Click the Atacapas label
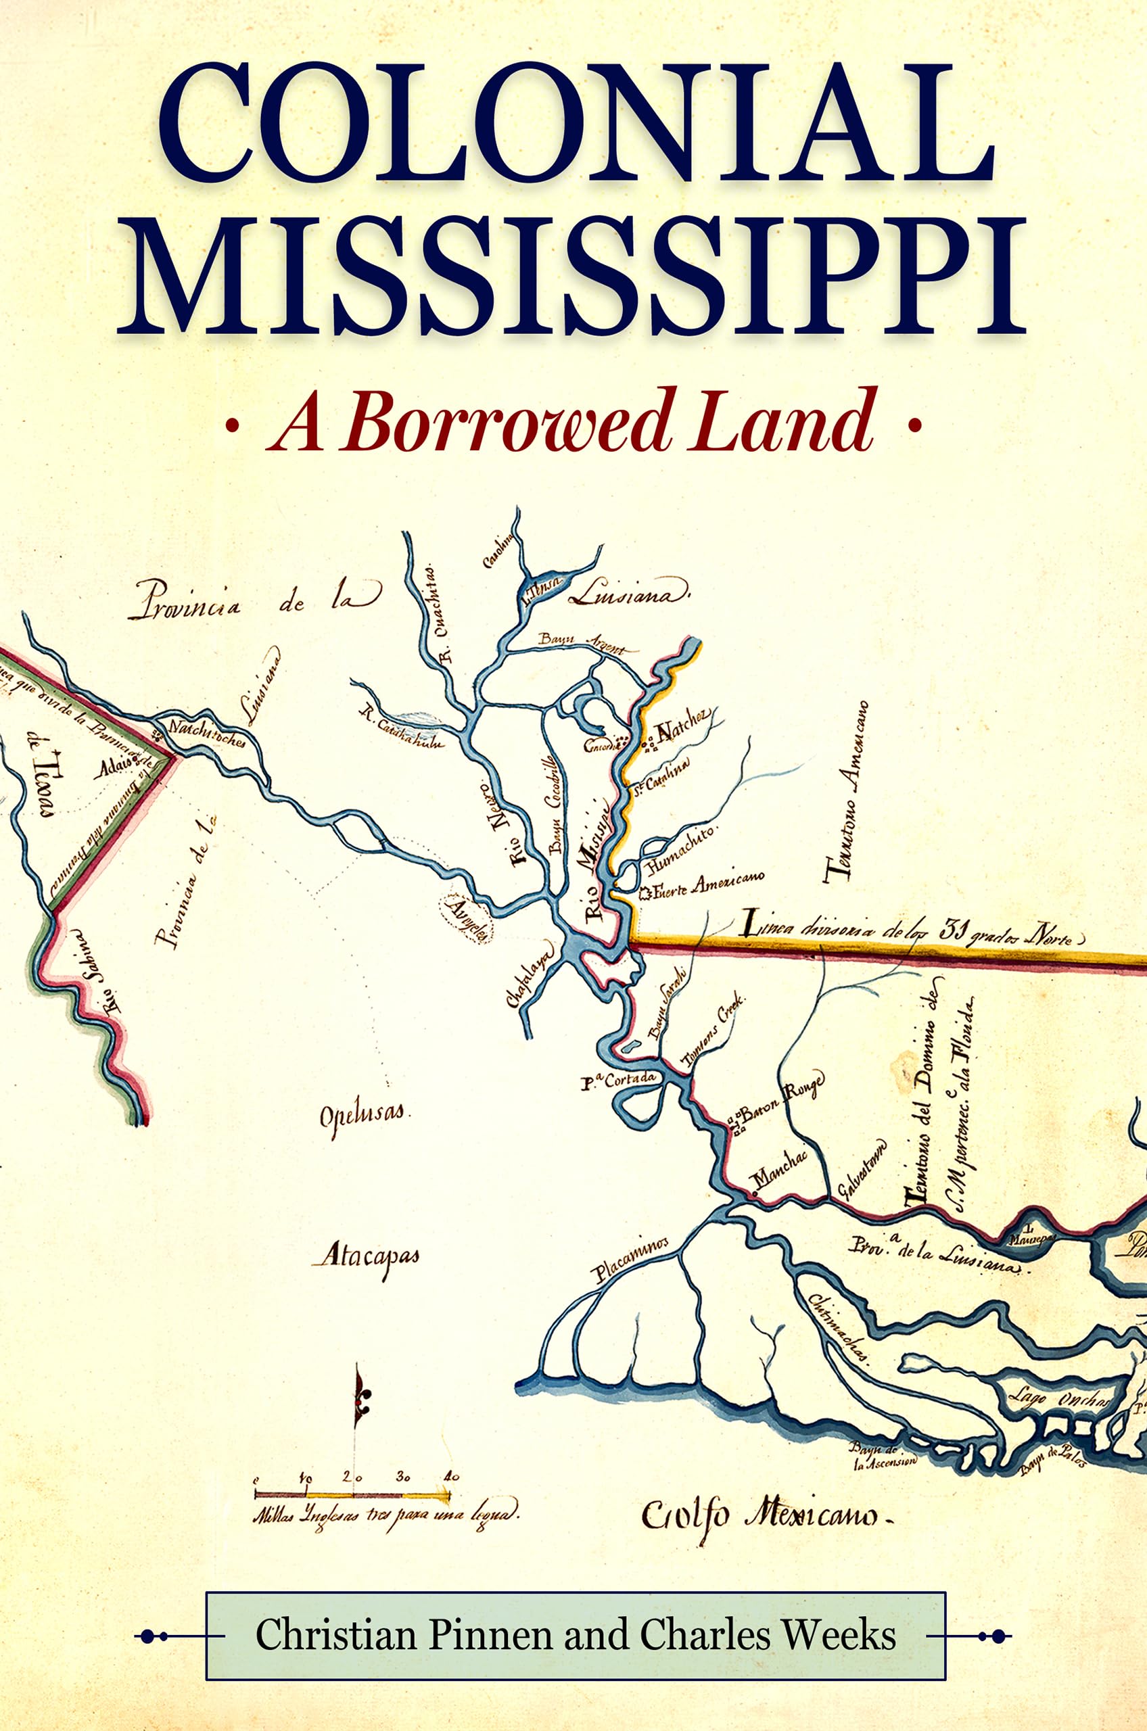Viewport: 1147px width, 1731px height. coord(367,1256)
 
